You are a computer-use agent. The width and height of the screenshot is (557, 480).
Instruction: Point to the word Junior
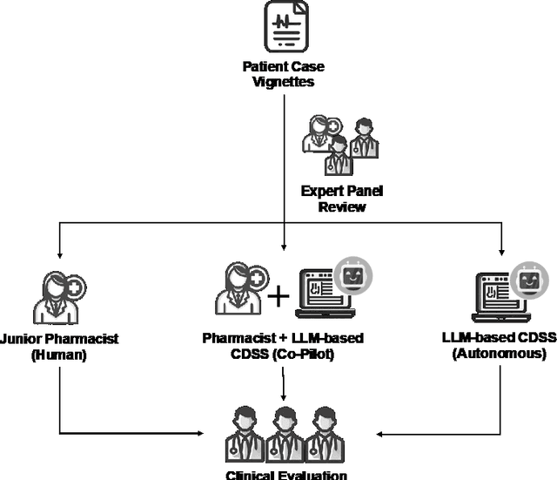click(27, 339)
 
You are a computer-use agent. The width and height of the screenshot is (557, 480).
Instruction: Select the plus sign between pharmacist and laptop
click(278, 297)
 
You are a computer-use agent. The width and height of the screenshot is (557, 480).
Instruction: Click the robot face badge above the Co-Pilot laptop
click(352, 275)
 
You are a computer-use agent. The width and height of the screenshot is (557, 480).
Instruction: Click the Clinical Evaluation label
click(286, 474)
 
